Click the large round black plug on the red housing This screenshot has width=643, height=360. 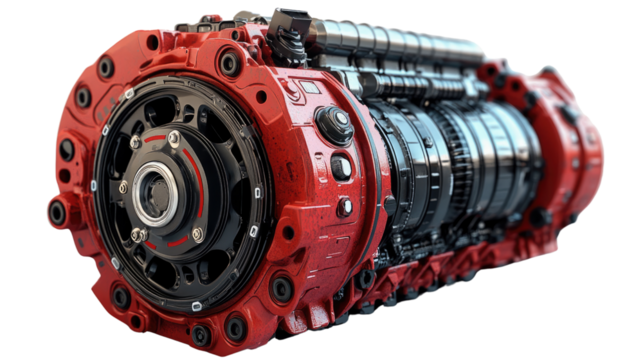(x=334, y=124)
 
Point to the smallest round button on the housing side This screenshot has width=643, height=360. (x=345, y=207)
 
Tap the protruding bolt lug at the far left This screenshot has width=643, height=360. (x=58, y=212)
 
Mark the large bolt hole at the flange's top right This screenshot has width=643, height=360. (x=230, y=64)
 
